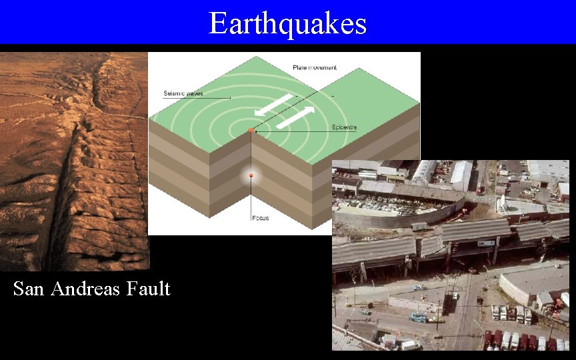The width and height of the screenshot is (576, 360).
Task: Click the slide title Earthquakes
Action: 287,23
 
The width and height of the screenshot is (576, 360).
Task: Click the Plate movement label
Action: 315,67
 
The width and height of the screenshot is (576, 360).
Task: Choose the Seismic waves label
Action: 183,93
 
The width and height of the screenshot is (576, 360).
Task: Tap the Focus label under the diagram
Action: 261,218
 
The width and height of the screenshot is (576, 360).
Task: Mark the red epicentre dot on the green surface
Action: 251,130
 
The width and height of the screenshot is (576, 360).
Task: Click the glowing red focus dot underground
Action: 251,176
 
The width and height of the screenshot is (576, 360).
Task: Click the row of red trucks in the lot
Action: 517,339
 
